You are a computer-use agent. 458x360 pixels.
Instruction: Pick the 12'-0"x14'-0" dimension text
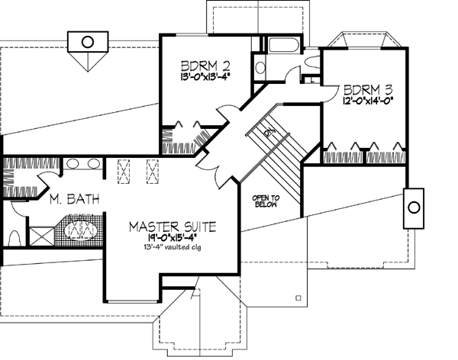click(368, 100)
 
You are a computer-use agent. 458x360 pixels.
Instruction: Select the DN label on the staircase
click(269, 132)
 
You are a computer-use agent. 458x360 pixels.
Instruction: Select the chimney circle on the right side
click(413, 207)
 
